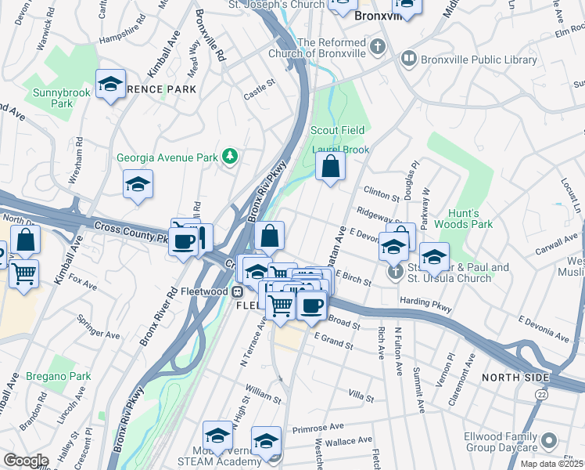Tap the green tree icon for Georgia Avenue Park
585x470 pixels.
coord(229,157)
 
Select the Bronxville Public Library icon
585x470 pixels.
coord(408,59)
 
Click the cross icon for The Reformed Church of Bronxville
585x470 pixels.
coord(378,45)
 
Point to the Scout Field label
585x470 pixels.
coord(338,129)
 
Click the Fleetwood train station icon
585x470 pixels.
coord(236,291)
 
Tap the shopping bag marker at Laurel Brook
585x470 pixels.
coord(330,165)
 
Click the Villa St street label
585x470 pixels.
coord(361,399)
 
